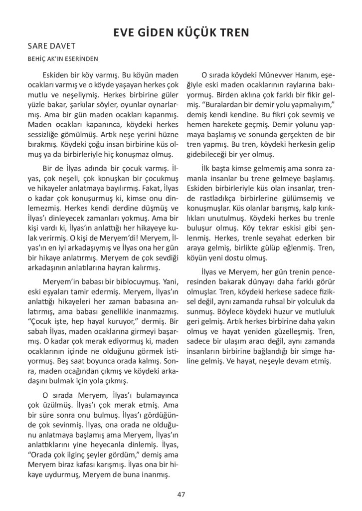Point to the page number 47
[181, 495]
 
